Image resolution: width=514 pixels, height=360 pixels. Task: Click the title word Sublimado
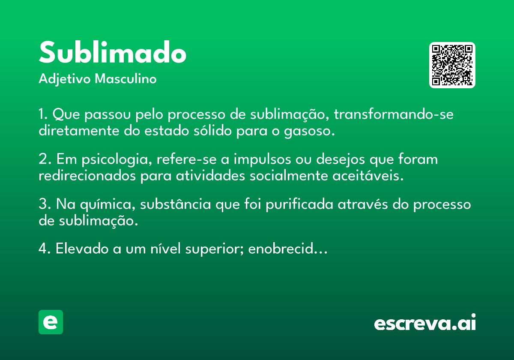[x=112, y=52]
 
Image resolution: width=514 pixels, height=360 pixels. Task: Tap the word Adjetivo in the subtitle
[x=65, y=79]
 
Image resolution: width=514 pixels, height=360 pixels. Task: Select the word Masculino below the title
[x=126, y=79]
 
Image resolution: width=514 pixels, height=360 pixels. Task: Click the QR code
[x=452, y=65]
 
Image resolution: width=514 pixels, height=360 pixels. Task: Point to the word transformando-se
[x=394, y=114]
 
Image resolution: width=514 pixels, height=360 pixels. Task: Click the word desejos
[x=341, y=159]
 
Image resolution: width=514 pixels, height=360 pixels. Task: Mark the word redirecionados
[x=87, y=176]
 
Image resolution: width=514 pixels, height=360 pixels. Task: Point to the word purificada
[x=299, y=204]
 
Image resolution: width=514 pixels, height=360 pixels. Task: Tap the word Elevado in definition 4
[x=82, y=249]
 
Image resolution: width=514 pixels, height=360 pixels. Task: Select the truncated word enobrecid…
[x=288, y=249]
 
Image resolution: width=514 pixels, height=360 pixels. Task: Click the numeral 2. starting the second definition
[x=45, y=159]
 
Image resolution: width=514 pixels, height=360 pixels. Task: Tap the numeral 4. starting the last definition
[x=45, y=249]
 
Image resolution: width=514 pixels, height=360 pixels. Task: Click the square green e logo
[x=51, y=322]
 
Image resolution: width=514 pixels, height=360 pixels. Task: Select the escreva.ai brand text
[x=425, y=322]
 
